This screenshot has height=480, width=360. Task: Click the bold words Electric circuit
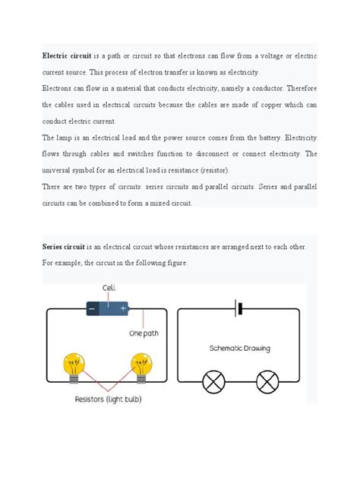point(65,57)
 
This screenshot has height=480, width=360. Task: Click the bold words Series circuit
point(64,247)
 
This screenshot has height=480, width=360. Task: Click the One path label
point(147,333)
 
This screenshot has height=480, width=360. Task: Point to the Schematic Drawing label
point(239,349)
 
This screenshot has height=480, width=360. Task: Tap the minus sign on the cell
point(92,309)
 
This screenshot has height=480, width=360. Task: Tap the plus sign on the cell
point(123,309)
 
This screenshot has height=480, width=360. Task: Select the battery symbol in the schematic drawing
point(238,309)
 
